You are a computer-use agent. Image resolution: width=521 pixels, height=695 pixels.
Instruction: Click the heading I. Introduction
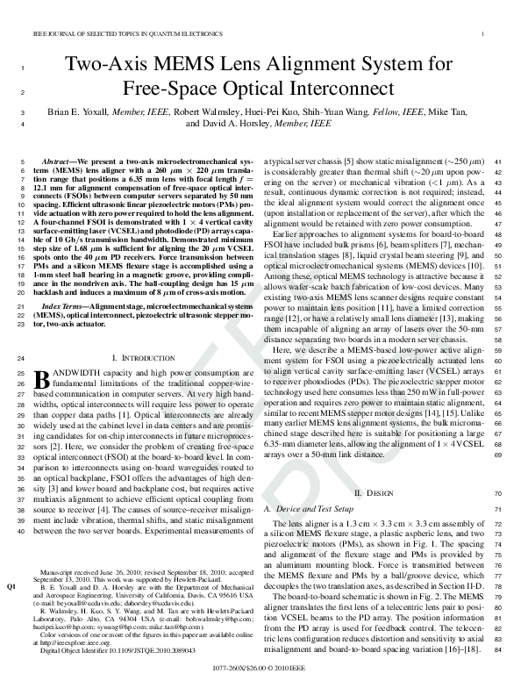click(x=146, y=359)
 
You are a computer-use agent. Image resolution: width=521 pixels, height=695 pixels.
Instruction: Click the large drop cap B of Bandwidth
click(x=39, y=379)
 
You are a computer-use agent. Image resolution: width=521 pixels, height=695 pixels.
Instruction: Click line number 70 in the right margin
click(x=497, y=495)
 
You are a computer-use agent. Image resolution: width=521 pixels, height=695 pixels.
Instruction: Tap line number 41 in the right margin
click(x=497, y=163)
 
